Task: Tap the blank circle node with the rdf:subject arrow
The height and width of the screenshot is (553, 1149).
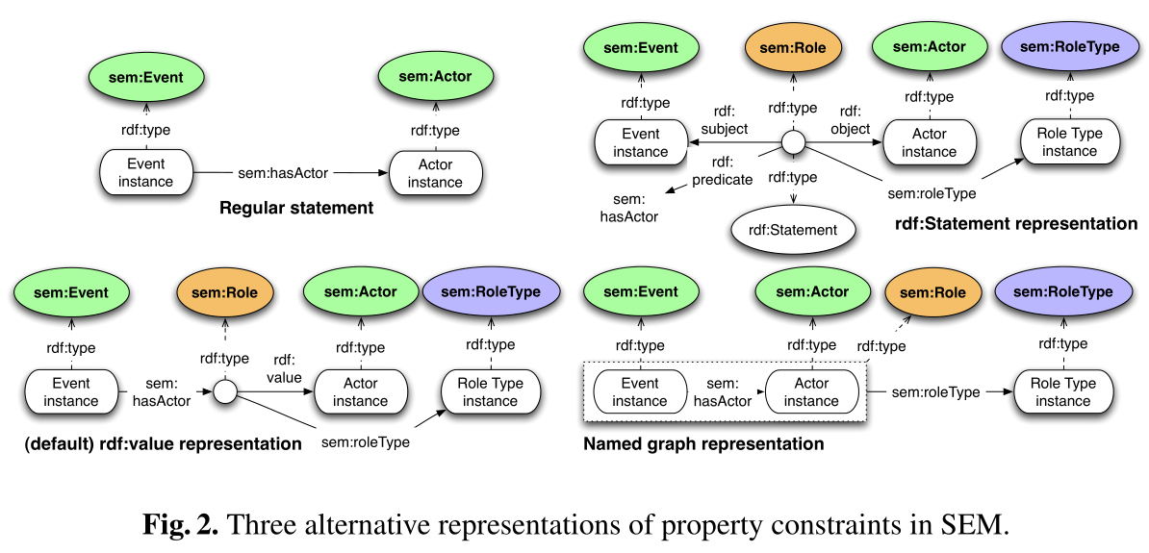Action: pyautogui.click(x=792, y=143)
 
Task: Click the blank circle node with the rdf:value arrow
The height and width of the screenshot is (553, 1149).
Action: pyautogui.click(x=224, y=391)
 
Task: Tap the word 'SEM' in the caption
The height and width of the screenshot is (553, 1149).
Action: pyautogui.click(x=974, y=524)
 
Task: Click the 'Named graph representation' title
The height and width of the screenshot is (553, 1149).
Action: pyautogui.click(x=703, y=444)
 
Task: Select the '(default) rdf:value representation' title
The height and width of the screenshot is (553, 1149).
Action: pyautogui.click(x=158, y=444)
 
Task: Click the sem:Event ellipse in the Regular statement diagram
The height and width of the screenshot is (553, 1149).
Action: pyautogui.click(x=147, y=77)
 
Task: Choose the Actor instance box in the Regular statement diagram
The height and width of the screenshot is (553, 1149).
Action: pyautogui.click(x=435, y=173)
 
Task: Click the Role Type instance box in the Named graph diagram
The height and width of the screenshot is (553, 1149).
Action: pyautogui.click(x=1063, y=392)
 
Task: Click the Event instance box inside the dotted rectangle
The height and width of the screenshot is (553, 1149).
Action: pyautogui.click(x=640, y=392)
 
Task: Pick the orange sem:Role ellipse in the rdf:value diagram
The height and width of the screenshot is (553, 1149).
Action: pyautogui.click(x=224, y=292)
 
